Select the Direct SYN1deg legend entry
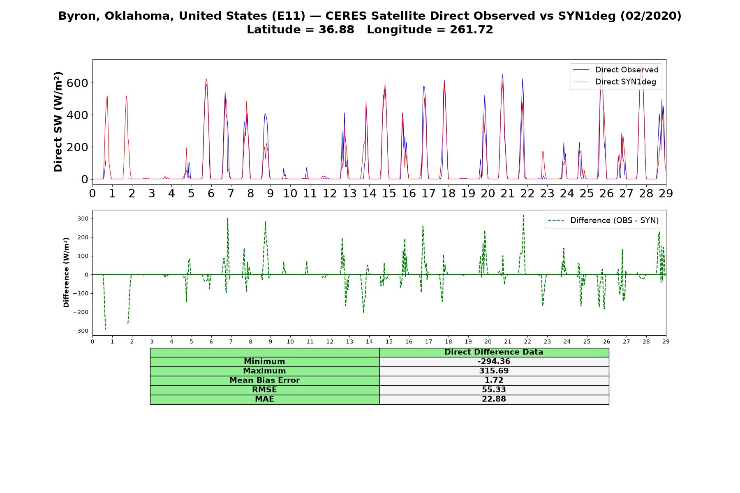click(614, 82)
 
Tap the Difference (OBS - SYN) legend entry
click(603, 221)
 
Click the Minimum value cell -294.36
click(494, 362)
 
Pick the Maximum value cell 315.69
click(494, 371)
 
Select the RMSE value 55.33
click(494, 390)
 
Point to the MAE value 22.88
click(494, 399)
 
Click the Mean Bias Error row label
click(264, 380)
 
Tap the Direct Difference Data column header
click(494, 352)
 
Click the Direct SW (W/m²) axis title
click(58, 122)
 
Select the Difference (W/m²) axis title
click(66, 273)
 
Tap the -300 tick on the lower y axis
click(80, 331)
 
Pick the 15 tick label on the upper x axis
click(389, 193)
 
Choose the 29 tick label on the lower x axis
click(666, 341)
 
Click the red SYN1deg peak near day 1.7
click(126, 96)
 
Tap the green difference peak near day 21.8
click(523, 215)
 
